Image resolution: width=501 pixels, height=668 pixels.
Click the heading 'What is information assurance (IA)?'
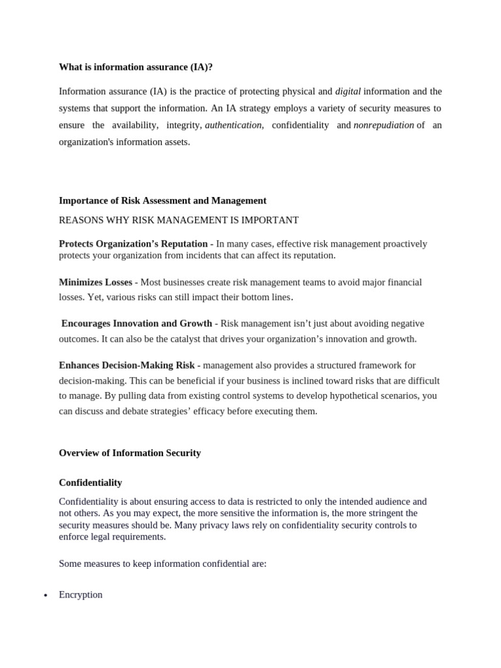[x=136, y=67]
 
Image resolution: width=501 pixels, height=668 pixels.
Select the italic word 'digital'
[x=348, y=91]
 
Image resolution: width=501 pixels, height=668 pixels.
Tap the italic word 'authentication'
[x=234, y=125]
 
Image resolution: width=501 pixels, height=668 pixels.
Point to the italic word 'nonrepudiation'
[x=384, y=125]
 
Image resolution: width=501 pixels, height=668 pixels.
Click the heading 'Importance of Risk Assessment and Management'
[x=162, y=201]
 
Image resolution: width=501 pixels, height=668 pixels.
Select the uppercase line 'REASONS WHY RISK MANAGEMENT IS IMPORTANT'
[x=179, y=220]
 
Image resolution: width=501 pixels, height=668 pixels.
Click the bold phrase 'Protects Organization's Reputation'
[x=133, y=244]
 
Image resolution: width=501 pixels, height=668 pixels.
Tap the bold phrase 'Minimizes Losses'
[x=95, y=282]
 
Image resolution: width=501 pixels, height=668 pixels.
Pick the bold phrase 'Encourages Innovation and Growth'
[x=136, y=324]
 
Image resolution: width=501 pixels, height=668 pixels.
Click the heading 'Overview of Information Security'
[x=130, y=453]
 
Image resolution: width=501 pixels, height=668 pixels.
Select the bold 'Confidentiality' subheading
[x=90, y=483]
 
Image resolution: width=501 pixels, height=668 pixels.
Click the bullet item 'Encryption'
[x=80, y=595]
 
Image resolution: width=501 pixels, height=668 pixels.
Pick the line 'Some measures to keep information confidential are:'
[x=162, y=564]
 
